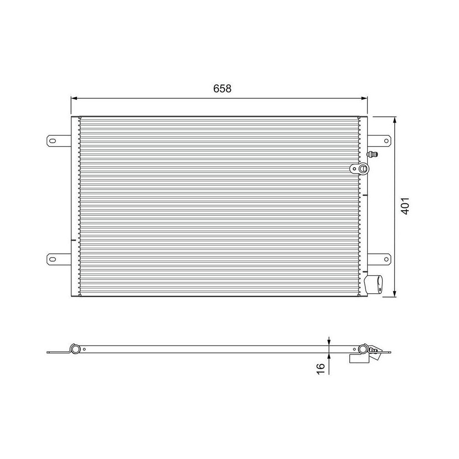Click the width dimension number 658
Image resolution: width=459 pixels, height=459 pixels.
222,89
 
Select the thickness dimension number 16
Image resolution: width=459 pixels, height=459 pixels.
320,368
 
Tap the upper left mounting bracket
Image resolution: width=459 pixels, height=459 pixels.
58,141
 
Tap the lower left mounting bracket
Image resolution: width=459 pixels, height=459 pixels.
58,259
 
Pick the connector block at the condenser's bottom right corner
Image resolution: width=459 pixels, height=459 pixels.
375,284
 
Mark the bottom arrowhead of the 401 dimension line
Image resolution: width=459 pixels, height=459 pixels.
395,293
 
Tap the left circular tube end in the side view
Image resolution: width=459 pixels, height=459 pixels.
73,348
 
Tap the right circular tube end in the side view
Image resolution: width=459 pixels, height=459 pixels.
363,349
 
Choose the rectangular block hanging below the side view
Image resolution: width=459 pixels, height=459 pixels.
359,359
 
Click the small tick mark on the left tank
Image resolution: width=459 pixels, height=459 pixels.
73,239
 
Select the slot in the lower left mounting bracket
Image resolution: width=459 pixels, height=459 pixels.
53,259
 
